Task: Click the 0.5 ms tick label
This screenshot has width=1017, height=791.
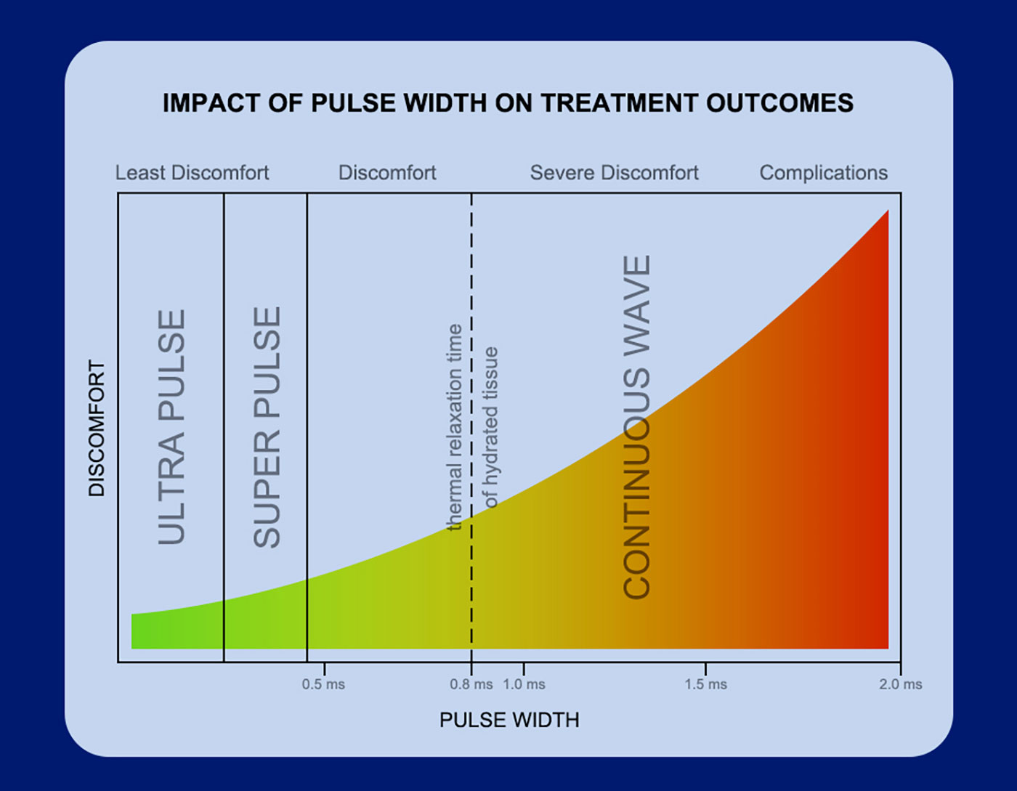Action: [x=323, y=684]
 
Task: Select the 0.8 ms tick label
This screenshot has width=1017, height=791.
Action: [x=471, y=684]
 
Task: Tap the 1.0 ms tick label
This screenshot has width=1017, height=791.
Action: [x=524, y=684]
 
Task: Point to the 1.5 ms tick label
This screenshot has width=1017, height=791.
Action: [x=706, y=684]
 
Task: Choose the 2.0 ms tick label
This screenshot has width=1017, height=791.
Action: [x=901, y=684]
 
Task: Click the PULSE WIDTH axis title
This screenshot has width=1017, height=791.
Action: [x=509, y=720]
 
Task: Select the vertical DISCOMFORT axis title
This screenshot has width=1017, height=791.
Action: [x=97, y=428]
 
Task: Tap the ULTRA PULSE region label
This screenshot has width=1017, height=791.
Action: [x=171, y=427]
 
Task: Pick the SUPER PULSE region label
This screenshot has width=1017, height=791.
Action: [x=267, y=427]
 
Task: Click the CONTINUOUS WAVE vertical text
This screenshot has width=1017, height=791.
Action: [x=636, y=427]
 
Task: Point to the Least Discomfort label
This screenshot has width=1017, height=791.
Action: [x=192, y=173]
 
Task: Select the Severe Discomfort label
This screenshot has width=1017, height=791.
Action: [x=614, y=173]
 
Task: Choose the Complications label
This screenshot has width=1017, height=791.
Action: [x=824, y=173]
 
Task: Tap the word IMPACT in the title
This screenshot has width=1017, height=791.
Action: [x=211, y=103]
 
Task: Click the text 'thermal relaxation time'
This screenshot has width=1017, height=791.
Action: [x=455, y=427]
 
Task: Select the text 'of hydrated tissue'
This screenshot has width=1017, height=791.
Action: [x=490, y=428]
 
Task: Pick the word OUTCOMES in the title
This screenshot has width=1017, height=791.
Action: [x=779, y=103]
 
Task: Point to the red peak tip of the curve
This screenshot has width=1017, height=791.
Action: [x=888, y=211]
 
